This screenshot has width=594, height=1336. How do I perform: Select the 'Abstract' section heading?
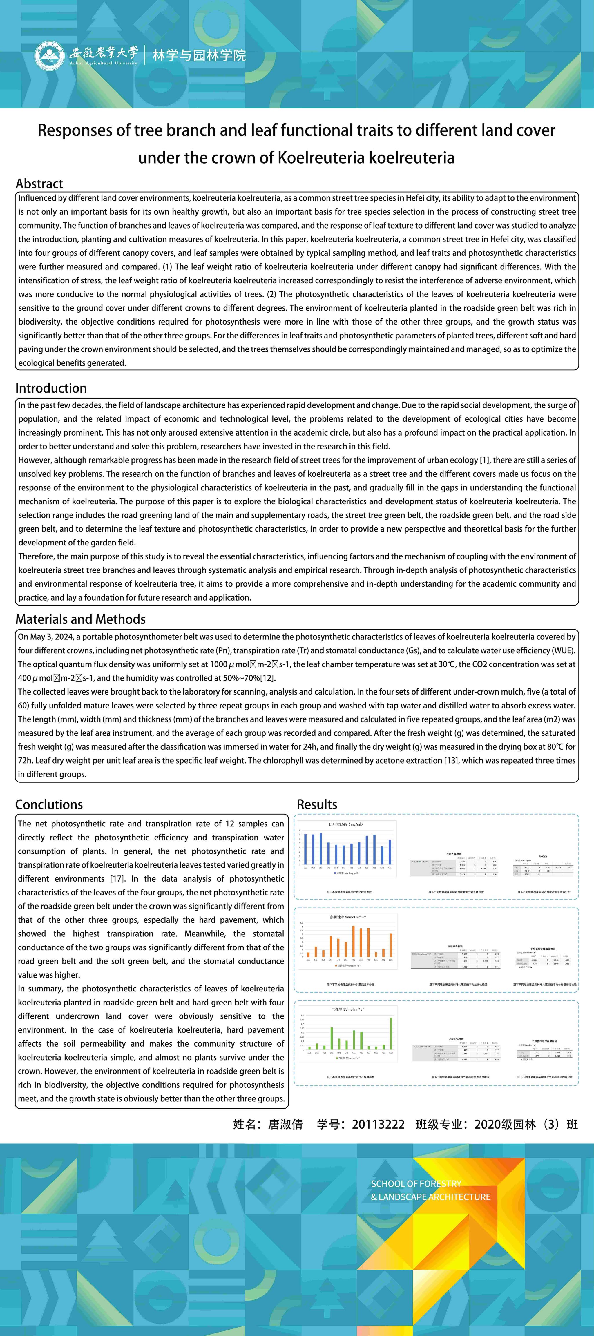click(39, 184)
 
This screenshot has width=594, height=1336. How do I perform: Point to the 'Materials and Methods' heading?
click(80, 619)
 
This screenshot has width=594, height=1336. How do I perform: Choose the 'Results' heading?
click(317, 804)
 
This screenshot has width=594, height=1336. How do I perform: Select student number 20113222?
click(378, 1124)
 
